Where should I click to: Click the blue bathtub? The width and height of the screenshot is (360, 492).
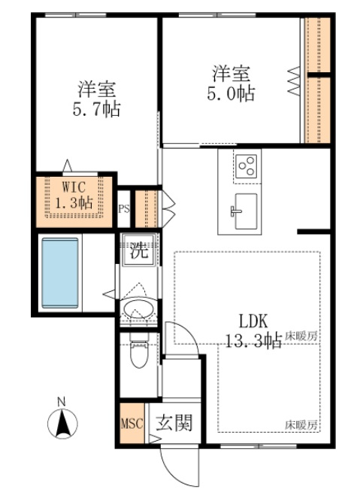[60, 272]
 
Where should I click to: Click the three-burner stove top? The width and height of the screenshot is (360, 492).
[247, 166]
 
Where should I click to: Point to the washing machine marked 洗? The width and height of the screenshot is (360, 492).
[138, 250]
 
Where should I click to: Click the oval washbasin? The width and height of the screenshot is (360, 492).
[138, 309]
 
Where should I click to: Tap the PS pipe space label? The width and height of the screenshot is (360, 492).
[124, 209]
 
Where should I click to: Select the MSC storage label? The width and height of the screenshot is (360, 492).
[132, 424]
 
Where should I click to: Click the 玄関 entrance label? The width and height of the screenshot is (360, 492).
[174, 422]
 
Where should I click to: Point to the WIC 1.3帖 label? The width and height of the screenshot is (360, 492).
[74, 195]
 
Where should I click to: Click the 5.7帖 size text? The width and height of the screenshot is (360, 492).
[97, 109]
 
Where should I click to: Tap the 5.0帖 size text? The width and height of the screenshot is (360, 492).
[231, 93]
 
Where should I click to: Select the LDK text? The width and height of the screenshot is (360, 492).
[254, 321]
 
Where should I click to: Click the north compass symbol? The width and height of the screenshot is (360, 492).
[62, 423]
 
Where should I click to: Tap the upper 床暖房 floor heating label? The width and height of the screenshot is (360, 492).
[301, 337]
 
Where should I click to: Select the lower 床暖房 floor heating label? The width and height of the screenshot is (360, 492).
[301, 425]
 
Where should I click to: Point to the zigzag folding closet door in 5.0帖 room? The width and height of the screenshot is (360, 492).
[294, 80]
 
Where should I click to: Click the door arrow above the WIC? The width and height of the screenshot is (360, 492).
[67, 166]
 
